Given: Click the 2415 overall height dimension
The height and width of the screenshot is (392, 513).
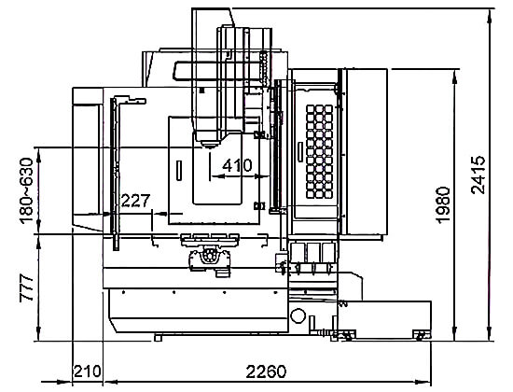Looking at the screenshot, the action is tap(478, 175).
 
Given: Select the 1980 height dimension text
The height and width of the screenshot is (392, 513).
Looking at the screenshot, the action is tap(443, 205).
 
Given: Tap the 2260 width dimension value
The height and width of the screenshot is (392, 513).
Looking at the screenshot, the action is tap(266, 371).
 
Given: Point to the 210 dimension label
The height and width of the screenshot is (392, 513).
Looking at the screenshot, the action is tap(87, 371).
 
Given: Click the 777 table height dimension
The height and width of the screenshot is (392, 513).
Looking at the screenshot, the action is tap(27, 288).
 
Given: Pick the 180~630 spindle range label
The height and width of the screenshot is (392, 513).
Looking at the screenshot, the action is tap(26, 191).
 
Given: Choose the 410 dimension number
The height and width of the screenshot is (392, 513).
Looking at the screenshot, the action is tap(237, 166).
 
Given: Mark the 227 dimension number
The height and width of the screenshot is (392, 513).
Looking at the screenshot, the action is tap(135, 201).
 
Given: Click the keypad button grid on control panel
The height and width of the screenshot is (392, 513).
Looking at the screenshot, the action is tap(319, 151).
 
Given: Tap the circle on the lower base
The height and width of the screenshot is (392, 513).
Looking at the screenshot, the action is tap(298, 316).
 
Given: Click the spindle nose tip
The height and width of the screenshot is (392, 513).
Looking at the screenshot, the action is tap(209, 146).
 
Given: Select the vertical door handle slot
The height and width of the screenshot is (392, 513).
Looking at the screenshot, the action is tap(179, 170).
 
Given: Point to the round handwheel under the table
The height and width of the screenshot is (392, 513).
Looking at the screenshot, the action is tap(209, 255).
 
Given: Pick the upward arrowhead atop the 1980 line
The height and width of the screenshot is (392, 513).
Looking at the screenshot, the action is tap(454, 77).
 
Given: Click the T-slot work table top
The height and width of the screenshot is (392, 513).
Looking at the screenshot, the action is tap(210, 240).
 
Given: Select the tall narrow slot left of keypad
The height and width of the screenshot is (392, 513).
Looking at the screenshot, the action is tap(300, 151).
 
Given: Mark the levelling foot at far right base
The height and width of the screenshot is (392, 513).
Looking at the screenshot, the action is tap(422, 335).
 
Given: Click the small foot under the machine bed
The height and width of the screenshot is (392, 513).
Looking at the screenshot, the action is tap(158, 338).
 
